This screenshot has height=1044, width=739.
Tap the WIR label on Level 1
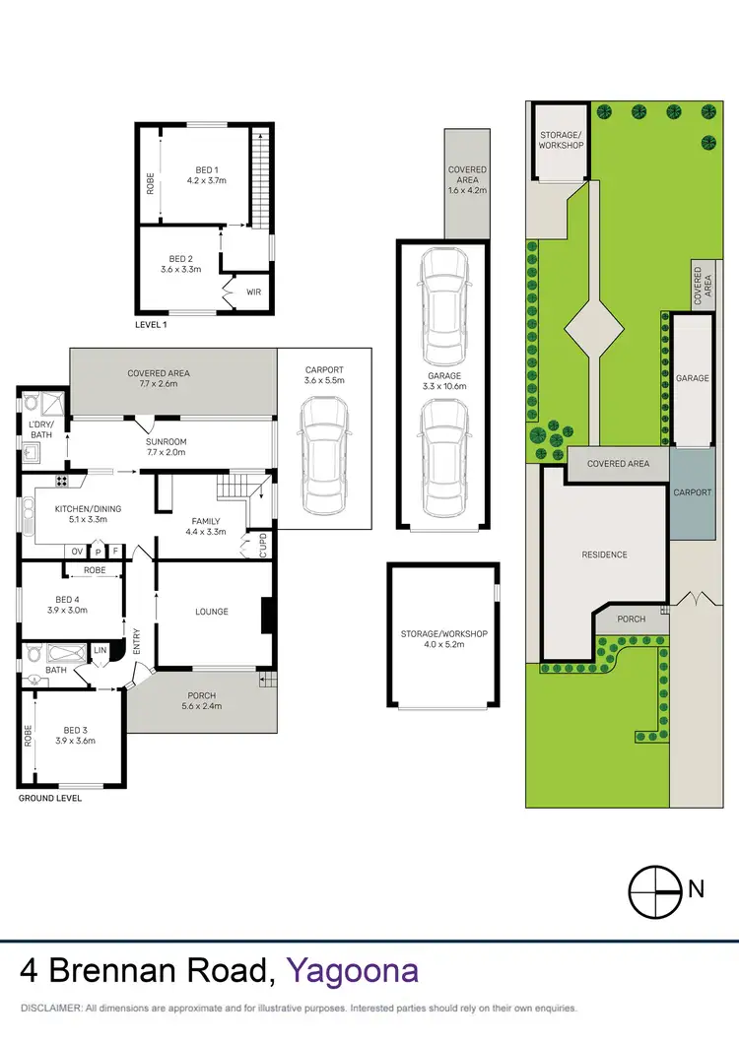[x=253, y=293]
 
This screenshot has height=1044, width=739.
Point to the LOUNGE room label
[x=211, y=612]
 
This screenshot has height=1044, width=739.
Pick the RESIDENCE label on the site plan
[x=604, y=555]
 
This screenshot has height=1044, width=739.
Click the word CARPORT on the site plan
[x=692, y=492]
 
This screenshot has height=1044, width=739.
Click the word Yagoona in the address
[x=352, y=971]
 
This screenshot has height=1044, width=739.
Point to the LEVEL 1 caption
[x=152, y=324]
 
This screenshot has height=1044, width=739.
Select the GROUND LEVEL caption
[x=50, y=798]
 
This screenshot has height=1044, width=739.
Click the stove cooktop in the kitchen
[x=62, y=482]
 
